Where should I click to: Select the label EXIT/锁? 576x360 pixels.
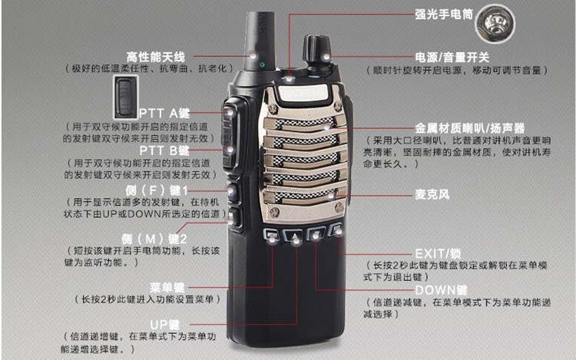point(438,253)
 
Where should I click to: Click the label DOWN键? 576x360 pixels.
point(441,289)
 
